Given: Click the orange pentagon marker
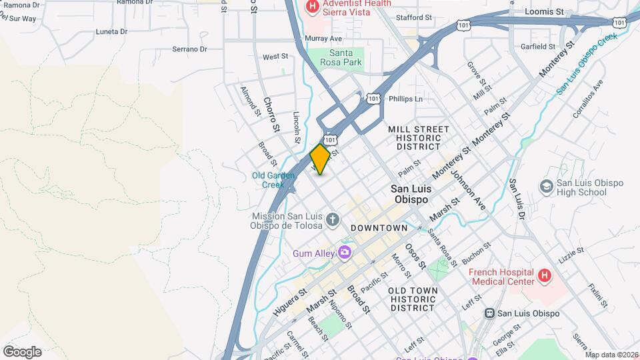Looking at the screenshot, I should pyautogui.click(x=321, y=159).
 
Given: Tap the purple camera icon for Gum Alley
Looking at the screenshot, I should pyautogui.click(x=344, y=252).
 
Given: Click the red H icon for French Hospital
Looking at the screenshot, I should pyautogui.click(x=544, y=274).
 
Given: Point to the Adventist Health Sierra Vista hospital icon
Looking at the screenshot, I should pyautogui.click(x=311, y=7).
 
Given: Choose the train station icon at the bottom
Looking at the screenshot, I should pyautogui.click(x=490, y=313).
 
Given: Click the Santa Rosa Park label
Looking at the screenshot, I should pyautogui.click(x=345, y=57).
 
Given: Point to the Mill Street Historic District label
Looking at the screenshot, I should pyautogui.click(x=419, y=137).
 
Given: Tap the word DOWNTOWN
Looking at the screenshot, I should pyautogui.click(x=379, y=228).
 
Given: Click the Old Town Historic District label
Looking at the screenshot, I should pyautogui.click(x=413, y=299).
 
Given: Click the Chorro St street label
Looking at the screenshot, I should pyautogui.click(x=271, y=113).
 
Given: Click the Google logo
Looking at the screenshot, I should pyautogui.click(x=22, y=351).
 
